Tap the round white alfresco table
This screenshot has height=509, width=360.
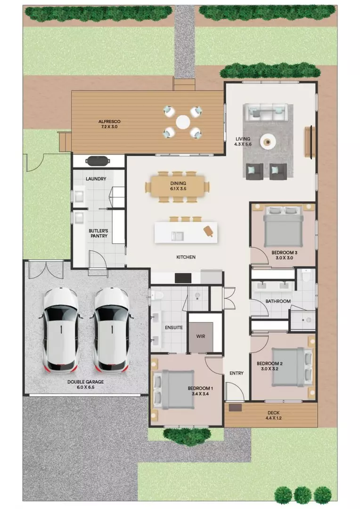tap(183, 122)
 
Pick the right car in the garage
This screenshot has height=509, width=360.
tap(111, 330)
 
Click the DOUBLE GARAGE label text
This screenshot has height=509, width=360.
tap(85, 385)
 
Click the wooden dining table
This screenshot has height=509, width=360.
tap(178, 186)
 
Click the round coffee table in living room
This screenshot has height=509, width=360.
tap(269, 140)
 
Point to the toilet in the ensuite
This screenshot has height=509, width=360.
tap(158, 295)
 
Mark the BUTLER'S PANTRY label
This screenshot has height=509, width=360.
tap(98, 233)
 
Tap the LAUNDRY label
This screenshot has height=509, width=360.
tap(96, 179)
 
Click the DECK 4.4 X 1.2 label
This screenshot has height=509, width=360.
tap(272, 415)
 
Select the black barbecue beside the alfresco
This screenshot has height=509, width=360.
tap(98, 161)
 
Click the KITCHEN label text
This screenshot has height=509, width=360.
tap(186, 257)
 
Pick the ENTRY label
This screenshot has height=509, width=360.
tap(236, 373)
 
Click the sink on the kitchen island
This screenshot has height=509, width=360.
tap(178, 235)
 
